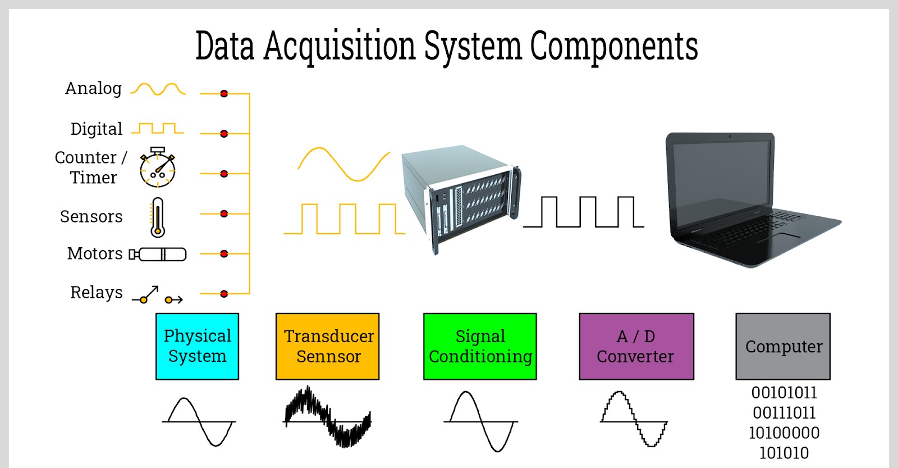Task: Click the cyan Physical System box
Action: pos(197,346)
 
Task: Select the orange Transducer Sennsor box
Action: pos(328,346)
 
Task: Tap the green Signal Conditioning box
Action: pos(480,346)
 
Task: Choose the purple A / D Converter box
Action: pos(636,346)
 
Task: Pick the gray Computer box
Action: pos(783,346)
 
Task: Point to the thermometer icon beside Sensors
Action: pos(158,217)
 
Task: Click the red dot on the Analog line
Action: pos(224,93)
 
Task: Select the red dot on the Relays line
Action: pos(224,294)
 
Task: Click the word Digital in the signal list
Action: pos(96,129)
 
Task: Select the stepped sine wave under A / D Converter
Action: pos(634,419)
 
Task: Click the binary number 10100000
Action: pos(784,433)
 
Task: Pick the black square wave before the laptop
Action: pos(584,212)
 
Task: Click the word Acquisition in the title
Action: pos(340,46)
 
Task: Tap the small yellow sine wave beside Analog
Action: pos(158,89)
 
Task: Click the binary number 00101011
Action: pos(784,393)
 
